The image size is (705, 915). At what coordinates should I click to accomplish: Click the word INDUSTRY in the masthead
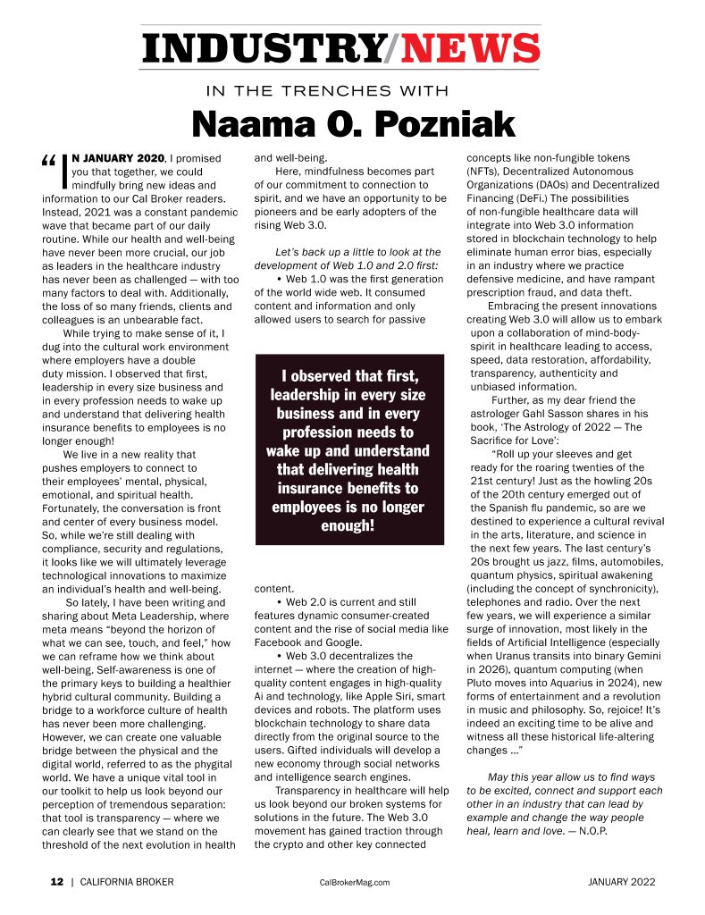261,48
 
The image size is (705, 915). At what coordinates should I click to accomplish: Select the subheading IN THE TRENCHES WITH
327,90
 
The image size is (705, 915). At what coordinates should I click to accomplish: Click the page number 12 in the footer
56,882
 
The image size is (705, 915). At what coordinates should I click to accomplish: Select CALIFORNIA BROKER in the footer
126,882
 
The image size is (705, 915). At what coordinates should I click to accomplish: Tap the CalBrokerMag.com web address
354,882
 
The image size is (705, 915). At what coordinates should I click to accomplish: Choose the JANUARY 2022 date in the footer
622,882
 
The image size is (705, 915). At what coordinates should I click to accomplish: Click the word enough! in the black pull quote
348,525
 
